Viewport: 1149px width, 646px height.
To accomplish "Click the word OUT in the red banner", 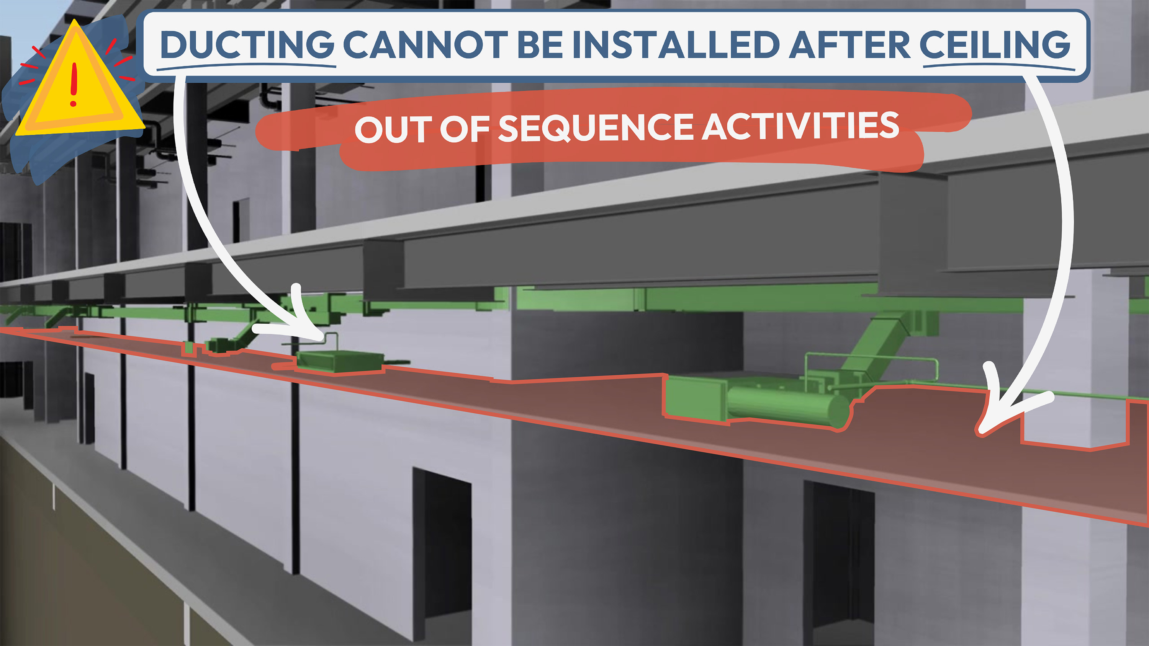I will point(393,130).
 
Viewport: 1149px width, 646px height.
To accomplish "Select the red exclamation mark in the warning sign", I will point(74,85).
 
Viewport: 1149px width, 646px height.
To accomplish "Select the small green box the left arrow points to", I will point(339,362).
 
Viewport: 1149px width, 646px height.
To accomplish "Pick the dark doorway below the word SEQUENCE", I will point(442,548).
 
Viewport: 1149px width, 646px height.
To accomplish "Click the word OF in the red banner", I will point(464,129).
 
